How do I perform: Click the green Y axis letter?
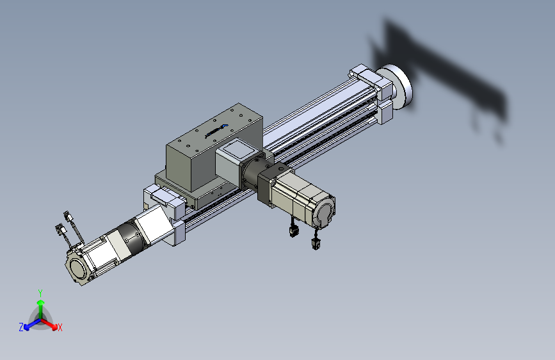[40, 293]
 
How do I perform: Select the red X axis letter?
[60, 328]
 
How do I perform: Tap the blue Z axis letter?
[21, 327]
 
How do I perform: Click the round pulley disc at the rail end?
[399, 87]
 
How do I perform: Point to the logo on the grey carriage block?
[216, 131]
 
